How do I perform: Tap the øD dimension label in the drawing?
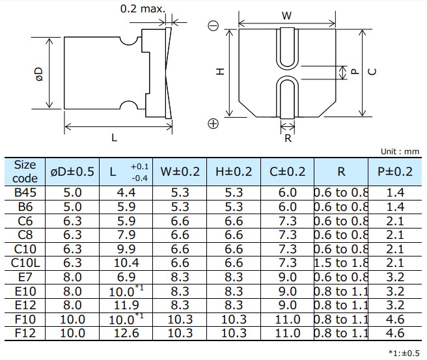38,73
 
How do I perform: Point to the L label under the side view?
114,137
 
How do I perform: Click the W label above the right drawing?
286,16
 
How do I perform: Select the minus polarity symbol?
213,26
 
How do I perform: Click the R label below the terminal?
287,137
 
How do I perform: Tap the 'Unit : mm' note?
400,151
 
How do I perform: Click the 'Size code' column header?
25,171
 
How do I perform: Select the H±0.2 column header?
234,172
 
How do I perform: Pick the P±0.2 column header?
395,172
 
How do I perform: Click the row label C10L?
25,262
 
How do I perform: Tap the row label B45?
25,192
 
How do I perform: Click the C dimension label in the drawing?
371,72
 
